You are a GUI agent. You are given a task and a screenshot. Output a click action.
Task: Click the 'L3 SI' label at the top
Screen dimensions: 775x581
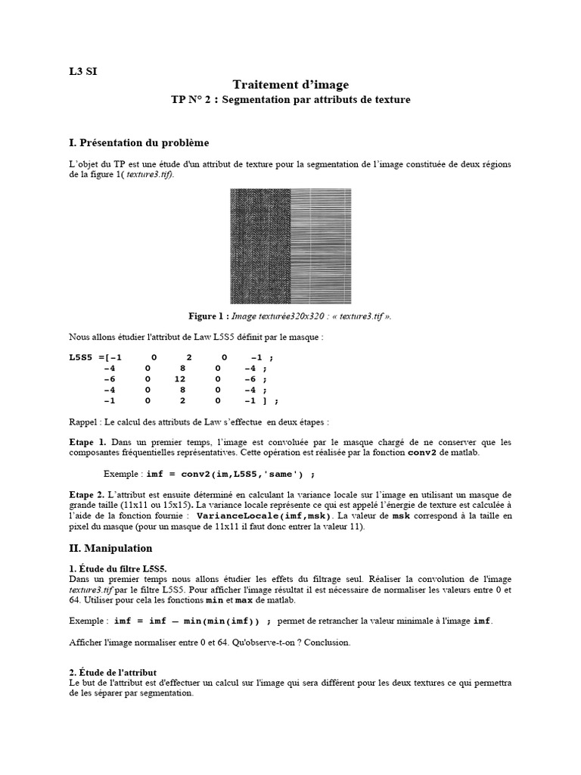pyautogui.click(x=83, y=72)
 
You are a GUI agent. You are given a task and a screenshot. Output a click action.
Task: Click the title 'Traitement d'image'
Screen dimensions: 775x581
pyautogui.click(x=290, y=85)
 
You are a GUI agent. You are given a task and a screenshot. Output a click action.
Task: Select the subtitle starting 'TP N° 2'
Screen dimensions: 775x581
pyautogui.click(x=290, y=99)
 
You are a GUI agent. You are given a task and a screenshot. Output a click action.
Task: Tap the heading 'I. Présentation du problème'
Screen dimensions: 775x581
pyautogui.click(x=138, y=142)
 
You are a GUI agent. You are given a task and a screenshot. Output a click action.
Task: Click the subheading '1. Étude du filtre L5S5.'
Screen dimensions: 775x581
pyautogui.click(x=118, y=567)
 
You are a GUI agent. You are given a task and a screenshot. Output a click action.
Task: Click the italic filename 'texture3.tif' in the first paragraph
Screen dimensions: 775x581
pyautogui.click(x=148, y=174)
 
